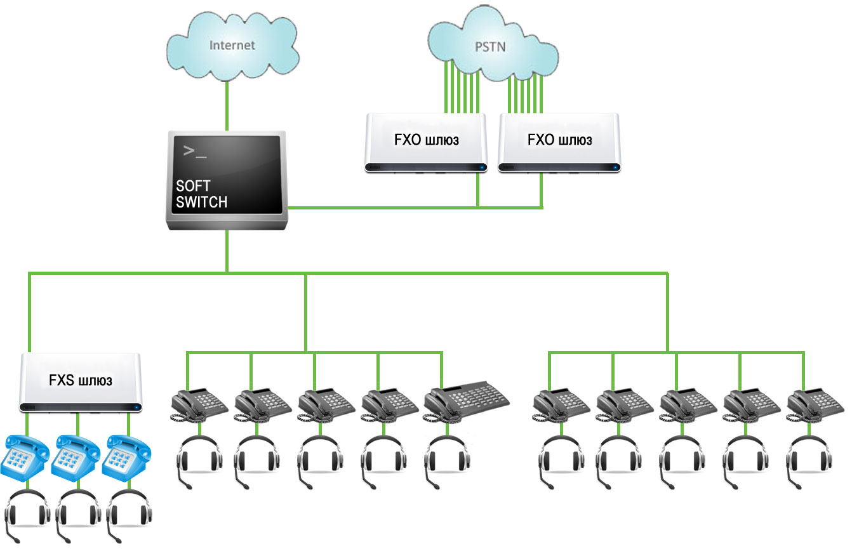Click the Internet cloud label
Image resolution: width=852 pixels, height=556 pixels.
click(232, 45)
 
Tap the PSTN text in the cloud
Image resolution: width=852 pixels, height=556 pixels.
click(490, 47)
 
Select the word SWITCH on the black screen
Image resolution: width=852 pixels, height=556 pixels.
click(202, 202)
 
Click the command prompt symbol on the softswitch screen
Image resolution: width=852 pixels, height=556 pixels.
click(195, 151)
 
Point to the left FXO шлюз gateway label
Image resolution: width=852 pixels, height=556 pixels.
click(427, 140)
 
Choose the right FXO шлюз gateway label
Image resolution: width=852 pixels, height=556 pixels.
click(559, 140)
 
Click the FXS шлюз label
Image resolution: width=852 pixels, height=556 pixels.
click(81, 380)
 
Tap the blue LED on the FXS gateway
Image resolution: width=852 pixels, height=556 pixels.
click(136, 407)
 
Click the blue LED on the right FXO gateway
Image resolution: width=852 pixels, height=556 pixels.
click(615, 168)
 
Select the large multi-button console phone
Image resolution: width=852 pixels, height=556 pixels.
click(467, 401)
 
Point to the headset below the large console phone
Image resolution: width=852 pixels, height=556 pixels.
click(447, 461)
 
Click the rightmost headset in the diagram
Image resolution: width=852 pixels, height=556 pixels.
click(809, 461)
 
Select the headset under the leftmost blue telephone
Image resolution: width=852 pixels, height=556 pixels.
click(27, 515)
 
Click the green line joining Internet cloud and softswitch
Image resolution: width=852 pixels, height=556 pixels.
click(227, 106)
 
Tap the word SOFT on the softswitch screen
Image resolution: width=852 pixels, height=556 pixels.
click(193, 186)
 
